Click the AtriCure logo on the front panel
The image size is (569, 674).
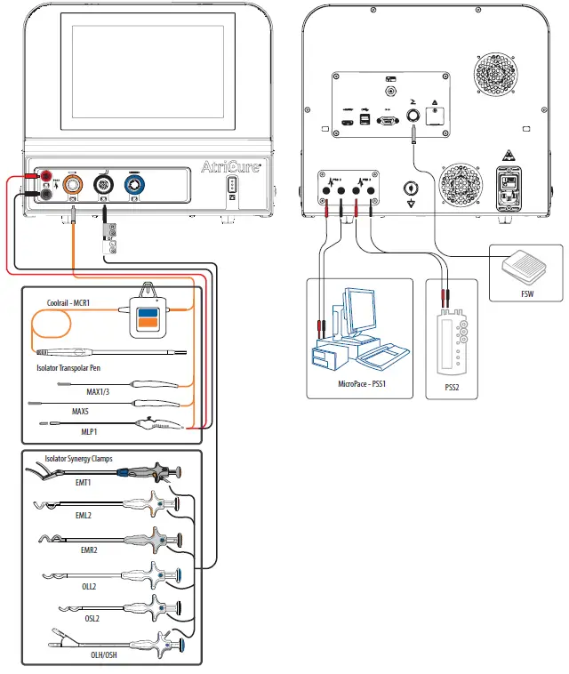tap(229, 167)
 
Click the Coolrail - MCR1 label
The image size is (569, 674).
tap(73, 303)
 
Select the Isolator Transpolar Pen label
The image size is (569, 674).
tap(73, 367)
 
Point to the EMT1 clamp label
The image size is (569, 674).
tap(84, 484)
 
